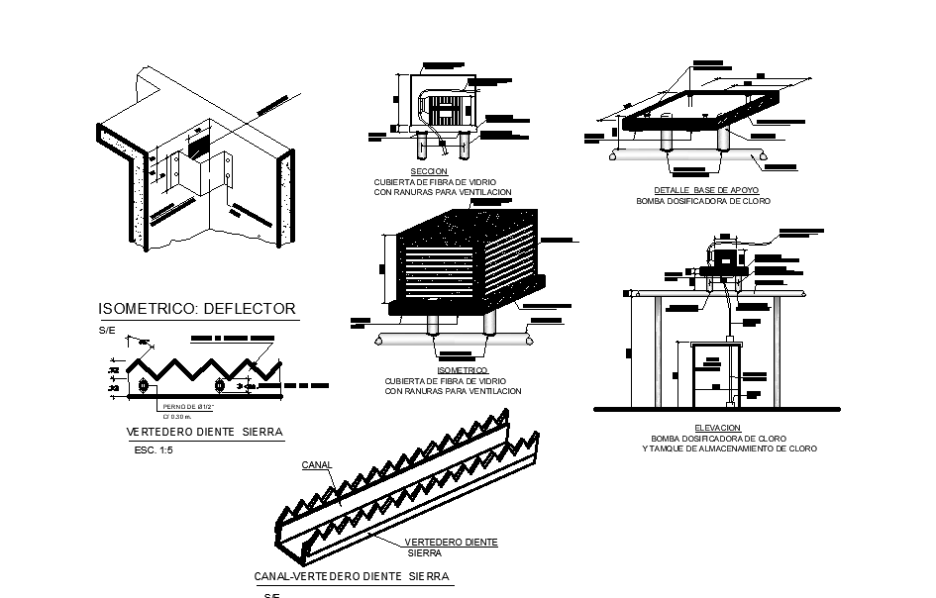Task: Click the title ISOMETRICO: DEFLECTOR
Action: click(196, 309)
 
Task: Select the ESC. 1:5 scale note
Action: click(153, 450)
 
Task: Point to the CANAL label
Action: click(317, 463)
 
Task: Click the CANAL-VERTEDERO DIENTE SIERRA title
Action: click(352, 575)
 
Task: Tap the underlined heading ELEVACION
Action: click(717, 427)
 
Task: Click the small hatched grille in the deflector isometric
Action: click(199, 145)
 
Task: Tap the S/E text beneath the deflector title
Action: click(106, 329)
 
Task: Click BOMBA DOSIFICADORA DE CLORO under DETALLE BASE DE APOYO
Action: click(702, 201)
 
